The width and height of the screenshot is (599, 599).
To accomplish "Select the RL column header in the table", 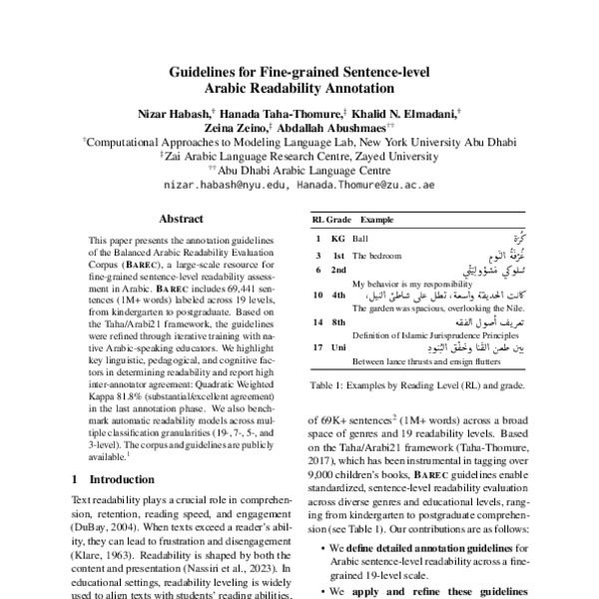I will [317, 219].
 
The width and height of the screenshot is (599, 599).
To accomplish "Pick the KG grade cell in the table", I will [337, 240].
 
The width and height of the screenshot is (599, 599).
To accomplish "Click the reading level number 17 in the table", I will [316, 347].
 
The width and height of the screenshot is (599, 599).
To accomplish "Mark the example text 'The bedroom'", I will [379, 256].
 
